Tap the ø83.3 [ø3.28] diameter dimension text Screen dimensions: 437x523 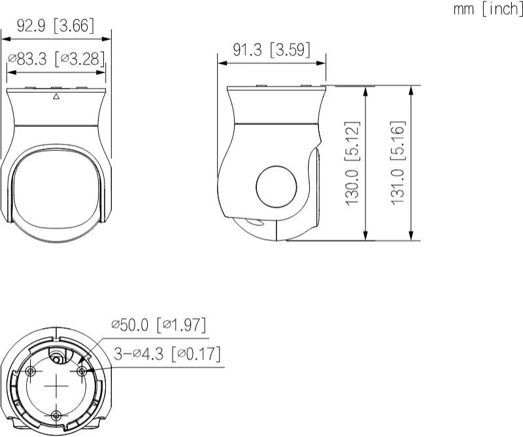(56, 59)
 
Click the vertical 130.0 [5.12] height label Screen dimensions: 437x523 (353, 163)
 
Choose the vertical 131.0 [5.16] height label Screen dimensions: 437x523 (398, 163)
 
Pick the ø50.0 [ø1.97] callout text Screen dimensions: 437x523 (159, 324)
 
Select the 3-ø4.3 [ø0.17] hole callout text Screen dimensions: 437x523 (167, 354)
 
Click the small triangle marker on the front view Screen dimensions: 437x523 (56, 97)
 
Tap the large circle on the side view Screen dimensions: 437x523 (276, 187)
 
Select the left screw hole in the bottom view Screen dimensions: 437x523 (31, 371)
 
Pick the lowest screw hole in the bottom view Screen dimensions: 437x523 (56, 415)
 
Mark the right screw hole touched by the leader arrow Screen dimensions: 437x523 (82, 371)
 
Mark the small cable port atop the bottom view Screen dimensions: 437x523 (59, 355)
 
